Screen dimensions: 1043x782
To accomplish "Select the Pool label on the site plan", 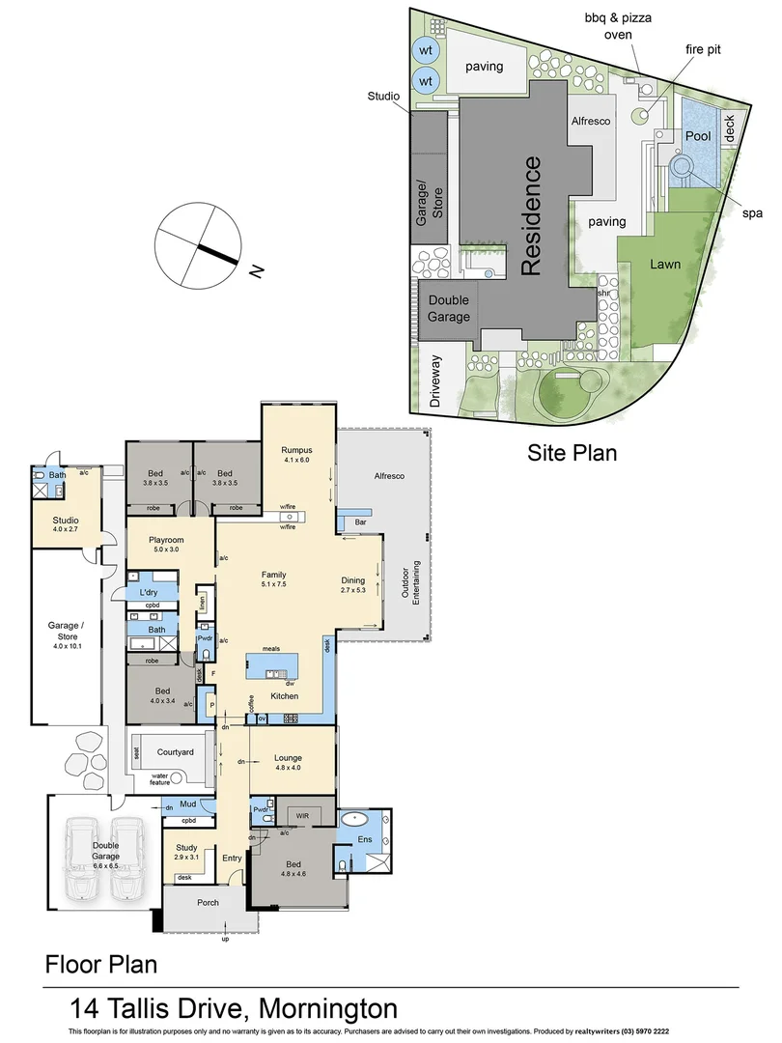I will tap(697, 136).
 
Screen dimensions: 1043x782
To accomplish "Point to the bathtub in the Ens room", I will tap(358, 819).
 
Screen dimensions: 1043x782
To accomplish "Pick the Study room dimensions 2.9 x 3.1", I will tap(187, 857).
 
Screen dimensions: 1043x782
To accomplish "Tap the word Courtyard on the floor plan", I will tap(175, 751).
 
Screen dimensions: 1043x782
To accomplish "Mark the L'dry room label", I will tap(149, 592).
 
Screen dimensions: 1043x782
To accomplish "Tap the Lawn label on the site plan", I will tap(665, 263).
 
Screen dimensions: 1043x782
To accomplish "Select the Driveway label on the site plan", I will tap(435, 381).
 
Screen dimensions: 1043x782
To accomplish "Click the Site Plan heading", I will tap(572, 452).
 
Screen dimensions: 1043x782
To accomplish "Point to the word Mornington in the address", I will tap(327, 1009).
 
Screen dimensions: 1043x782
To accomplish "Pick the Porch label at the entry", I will tap(207, 903).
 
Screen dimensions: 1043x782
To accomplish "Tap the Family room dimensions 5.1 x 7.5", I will tap(273, 584).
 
